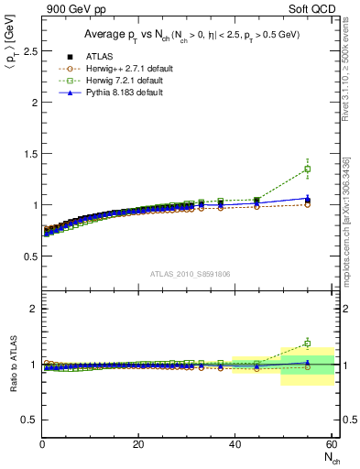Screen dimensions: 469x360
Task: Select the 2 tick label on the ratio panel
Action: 32,309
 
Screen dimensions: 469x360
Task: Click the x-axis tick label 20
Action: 138,444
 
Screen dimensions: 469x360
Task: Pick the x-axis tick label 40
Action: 235,444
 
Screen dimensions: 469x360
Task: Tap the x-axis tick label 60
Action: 331,444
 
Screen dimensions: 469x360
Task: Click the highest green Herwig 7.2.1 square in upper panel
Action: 307,169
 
